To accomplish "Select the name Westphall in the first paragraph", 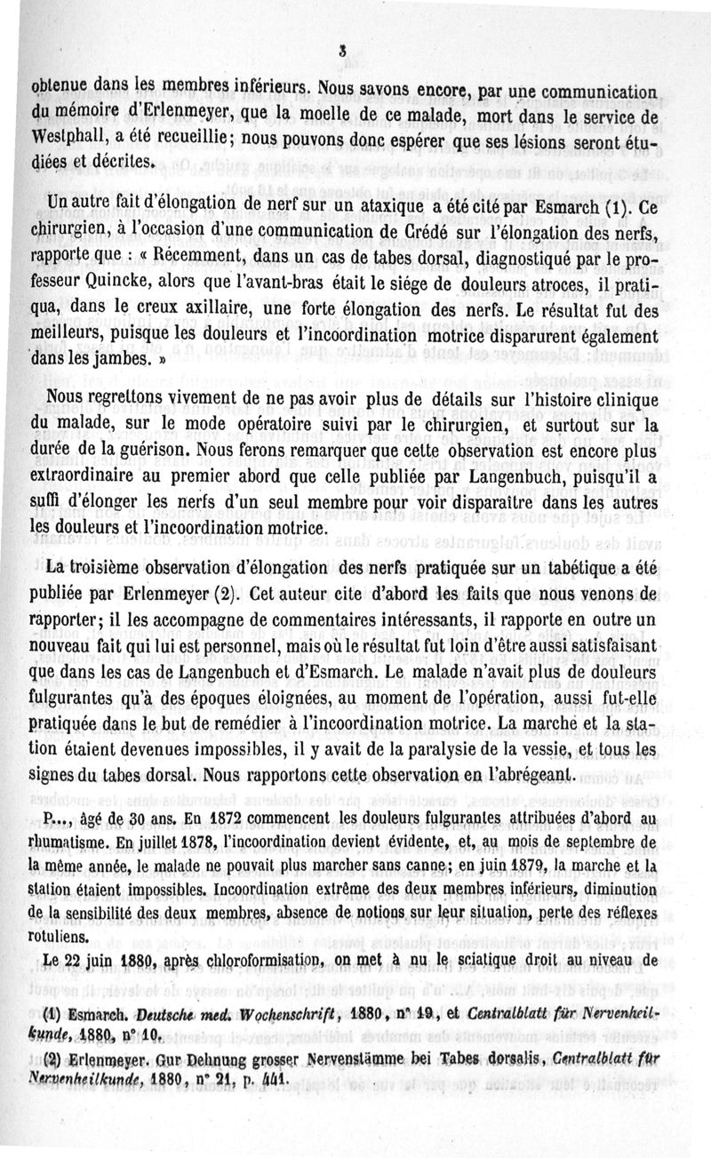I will coord(66,140).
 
